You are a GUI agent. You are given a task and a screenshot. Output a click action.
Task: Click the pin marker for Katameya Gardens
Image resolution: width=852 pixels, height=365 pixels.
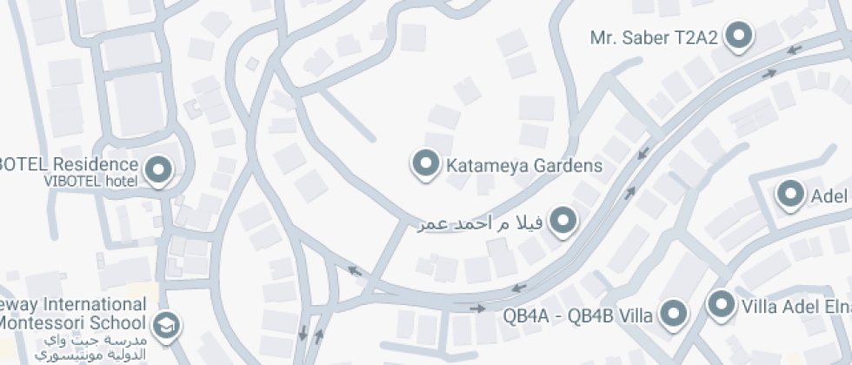click(x=425, y=163)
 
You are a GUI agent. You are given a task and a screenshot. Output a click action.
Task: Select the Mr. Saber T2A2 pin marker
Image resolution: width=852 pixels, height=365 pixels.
click(x=739, y=36)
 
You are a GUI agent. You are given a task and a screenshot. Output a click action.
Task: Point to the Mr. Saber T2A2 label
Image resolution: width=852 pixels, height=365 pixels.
click(x=655, y=37)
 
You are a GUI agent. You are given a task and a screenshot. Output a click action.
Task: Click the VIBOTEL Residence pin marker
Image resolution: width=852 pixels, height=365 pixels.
click(x=159, y=169)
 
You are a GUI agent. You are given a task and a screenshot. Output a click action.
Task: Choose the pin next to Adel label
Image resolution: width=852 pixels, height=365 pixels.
click(x=790, y=195)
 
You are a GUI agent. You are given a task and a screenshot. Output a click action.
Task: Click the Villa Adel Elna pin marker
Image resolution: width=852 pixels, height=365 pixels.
click(x=720, y=305)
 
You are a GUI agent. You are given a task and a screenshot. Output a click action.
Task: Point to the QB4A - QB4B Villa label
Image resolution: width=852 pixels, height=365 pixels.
click(x=577, y=315)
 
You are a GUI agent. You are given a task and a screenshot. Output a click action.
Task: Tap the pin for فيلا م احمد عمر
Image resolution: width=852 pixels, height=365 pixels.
click(x=563, y=221)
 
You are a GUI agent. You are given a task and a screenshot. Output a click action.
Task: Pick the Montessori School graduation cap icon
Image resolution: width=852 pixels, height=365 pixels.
click(x=163, y=325)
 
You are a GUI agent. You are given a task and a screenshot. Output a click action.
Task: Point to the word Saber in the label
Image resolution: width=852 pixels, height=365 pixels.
click(x=646, y=37)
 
